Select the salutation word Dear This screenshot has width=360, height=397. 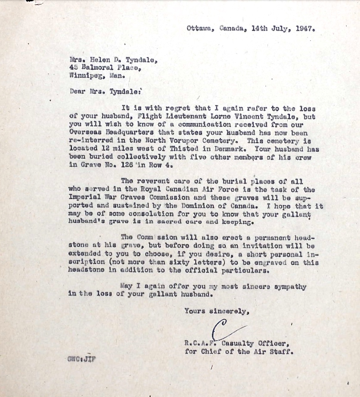pyautogui.click(x=77, y=91)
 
